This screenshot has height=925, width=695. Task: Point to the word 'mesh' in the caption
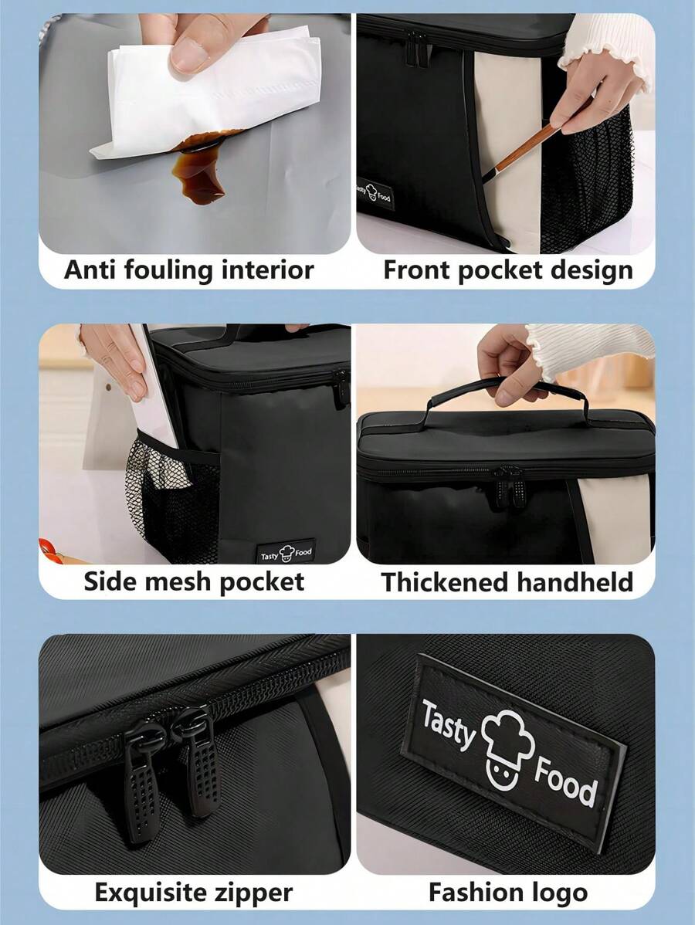click(x=177, y=581)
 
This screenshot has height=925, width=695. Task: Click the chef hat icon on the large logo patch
click(x=507, y=748)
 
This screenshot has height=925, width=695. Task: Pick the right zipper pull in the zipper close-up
click(x=198, y=761)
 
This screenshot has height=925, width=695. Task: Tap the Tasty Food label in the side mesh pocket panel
click(x=286, y=553)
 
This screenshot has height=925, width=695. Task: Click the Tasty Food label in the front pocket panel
click(x=375, y=193)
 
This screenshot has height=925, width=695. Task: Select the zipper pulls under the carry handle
click(x=510, y=486)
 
